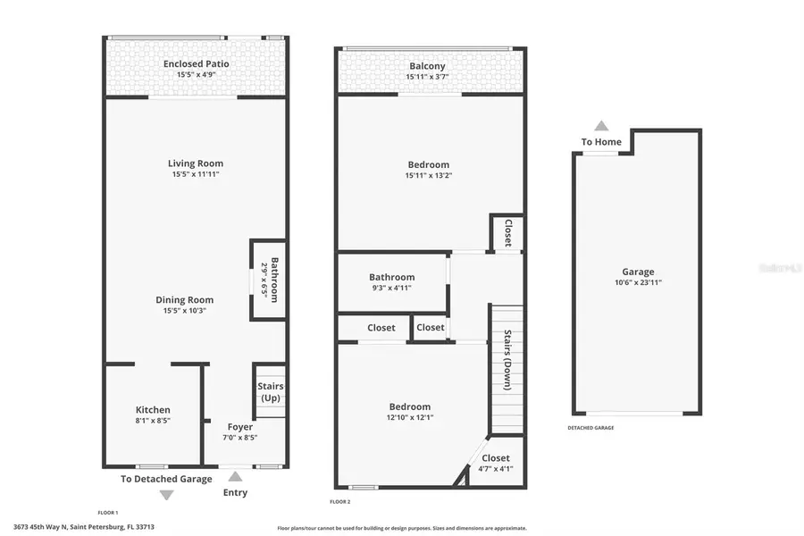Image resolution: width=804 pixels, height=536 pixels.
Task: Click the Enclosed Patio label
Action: pyautogui.click(x=196, y=64)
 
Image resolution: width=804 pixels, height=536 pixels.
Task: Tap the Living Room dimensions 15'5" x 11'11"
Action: pyautogui.click(x=196, y=174)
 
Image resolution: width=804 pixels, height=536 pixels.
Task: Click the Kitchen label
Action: pyautogui.click(x=153, y=410)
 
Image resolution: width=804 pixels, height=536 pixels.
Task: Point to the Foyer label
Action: pyautogui.click(x=239, y=427)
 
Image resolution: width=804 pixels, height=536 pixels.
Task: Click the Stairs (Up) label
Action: pyautogui.click(x=271, y=392)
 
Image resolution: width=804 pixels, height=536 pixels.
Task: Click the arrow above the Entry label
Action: pyautogui.click(x=235, y=477)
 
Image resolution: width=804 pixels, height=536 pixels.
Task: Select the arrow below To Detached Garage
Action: pyautogui.click(x=166, y=495)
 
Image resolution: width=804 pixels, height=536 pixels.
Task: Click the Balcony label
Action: pyautogui.click(x=427, y=66)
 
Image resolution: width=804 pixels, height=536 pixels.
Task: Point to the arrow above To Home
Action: pyautogui.click(x=601, y=126)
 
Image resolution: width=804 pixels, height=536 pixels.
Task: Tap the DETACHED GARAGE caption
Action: pyautogui.click(x=590, y=428)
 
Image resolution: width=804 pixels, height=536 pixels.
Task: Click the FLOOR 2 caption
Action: pyautogui.click(x=339, y=502)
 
